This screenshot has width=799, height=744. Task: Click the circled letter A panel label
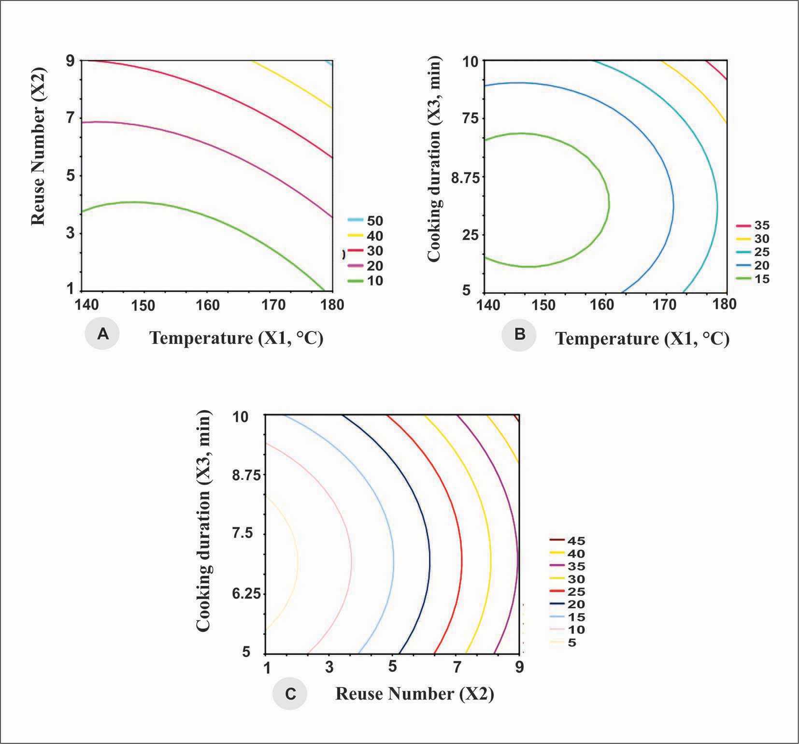[102, 334]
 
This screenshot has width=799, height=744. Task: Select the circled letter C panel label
[290, 694]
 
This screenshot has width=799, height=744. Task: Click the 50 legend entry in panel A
[366, 221]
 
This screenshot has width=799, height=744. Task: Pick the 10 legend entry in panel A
[366, 281]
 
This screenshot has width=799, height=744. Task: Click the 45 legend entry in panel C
[568, 541]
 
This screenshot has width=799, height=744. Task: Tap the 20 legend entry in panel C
[568, 604]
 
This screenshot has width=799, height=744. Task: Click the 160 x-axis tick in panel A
[209, 305]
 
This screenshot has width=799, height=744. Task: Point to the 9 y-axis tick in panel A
[71, 60]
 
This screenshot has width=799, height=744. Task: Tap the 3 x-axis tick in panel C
[329, 668]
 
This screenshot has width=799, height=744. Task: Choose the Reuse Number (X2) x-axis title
[414, 694]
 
